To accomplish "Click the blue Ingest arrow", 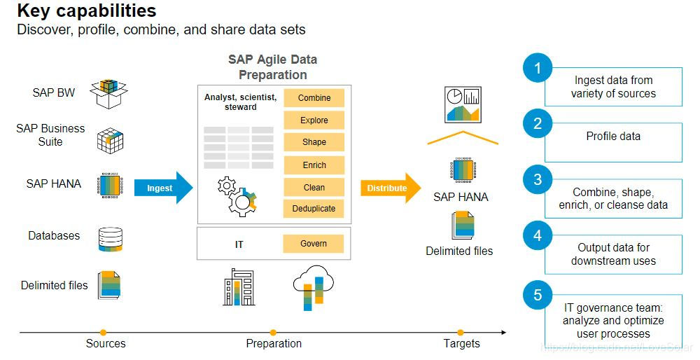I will point(163,188).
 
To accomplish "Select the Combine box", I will point(314,98).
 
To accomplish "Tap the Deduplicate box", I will point(314,208).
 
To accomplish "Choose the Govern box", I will point(314,244).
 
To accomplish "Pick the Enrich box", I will point(314,165).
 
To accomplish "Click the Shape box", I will point(314,142).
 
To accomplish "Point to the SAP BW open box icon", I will point(111,93).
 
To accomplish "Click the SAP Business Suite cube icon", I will point(110,140).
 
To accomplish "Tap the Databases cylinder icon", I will point(110,238).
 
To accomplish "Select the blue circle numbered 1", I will point(538,69).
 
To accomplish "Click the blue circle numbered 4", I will point(538,236).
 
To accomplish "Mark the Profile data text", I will point(613,137).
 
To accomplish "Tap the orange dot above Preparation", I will point(273,333).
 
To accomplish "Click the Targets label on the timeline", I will point(461,344).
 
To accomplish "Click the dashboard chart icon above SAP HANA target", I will point(462,105).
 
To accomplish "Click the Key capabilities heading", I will point(86,12).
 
